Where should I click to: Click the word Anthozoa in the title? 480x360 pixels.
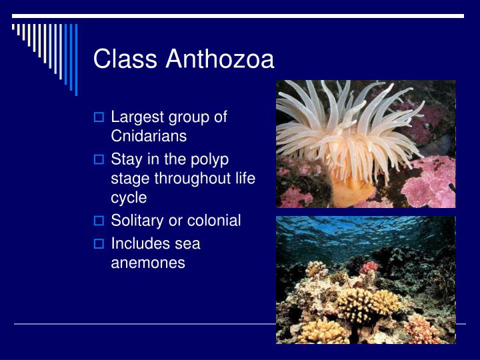click(220, 59)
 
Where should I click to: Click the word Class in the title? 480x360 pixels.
click(126, 59)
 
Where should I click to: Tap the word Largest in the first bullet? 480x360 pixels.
click(135, 117)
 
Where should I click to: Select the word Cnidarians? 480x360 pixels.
click(149, 135)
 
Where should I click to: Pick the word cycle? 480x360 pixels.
click(129, 197)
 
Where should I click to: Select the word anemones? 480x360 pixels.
click(148, 263)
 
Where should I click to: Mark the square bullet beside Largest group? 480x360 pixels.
click(99, 118)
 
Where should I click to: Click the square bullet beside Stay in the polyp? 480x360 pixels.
click(99, 161)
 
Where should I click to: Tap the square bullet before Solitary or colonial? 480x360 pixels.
click(99, 221)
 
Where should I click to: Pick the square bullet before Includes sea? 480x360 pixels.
click(99, 245)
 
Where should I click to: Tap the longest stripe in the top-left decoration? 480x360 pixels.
click(76, 59)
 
